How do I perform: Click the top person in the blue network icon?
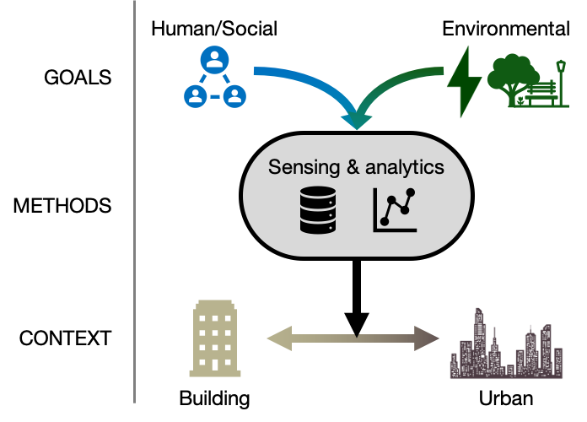(215, 60)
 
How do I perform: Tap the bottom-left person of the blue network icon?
(196, 95)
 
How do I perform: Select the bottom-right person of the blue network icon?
(234, 95)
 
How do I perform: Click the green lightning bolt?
(463, 81)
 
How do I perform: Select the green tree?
(511, 76)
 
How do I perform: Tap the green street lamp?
(561, 80)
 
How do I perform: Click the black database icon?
(318, 210)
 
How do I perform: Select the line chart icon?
(396, 210)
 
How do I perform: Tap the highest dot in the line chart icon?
(411, 192)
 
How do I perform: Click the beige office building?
(215, 338)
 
